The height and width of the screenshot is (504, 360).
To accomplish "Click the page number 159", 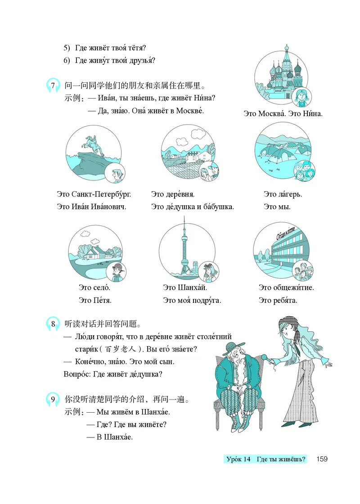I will pyautogui.click(x=322, y=459).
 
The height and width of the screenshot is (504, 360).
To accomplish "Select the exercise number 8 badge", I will pyautogui.click(x=53, y=324).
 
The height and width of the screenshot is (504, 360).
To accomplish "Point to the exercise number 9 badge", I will pyautogui.click(x=53, y=399).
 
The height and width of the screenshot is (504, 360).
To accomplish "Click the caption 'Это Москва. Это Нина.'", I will pyautogui.click(x=283, y=114).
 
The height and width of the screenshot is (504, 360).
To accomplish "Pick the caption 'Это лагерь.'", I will pyautogui.click(x=283, y=195).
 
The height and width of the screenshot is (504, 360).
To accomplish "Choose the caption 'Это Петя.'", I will pyautogui.click(x=95, y=300).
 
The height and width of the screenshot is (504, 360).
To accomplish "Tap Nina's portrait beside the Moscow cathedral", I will pyautogui.click(x=300, y=96).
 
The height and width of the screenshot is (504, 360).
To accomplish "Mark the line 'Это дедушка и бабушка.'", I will pyautogui.click(x=193, y=207).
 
